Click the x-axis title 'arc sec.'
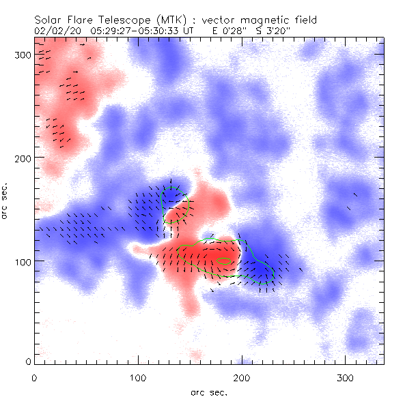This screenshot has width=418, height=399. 208,391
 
